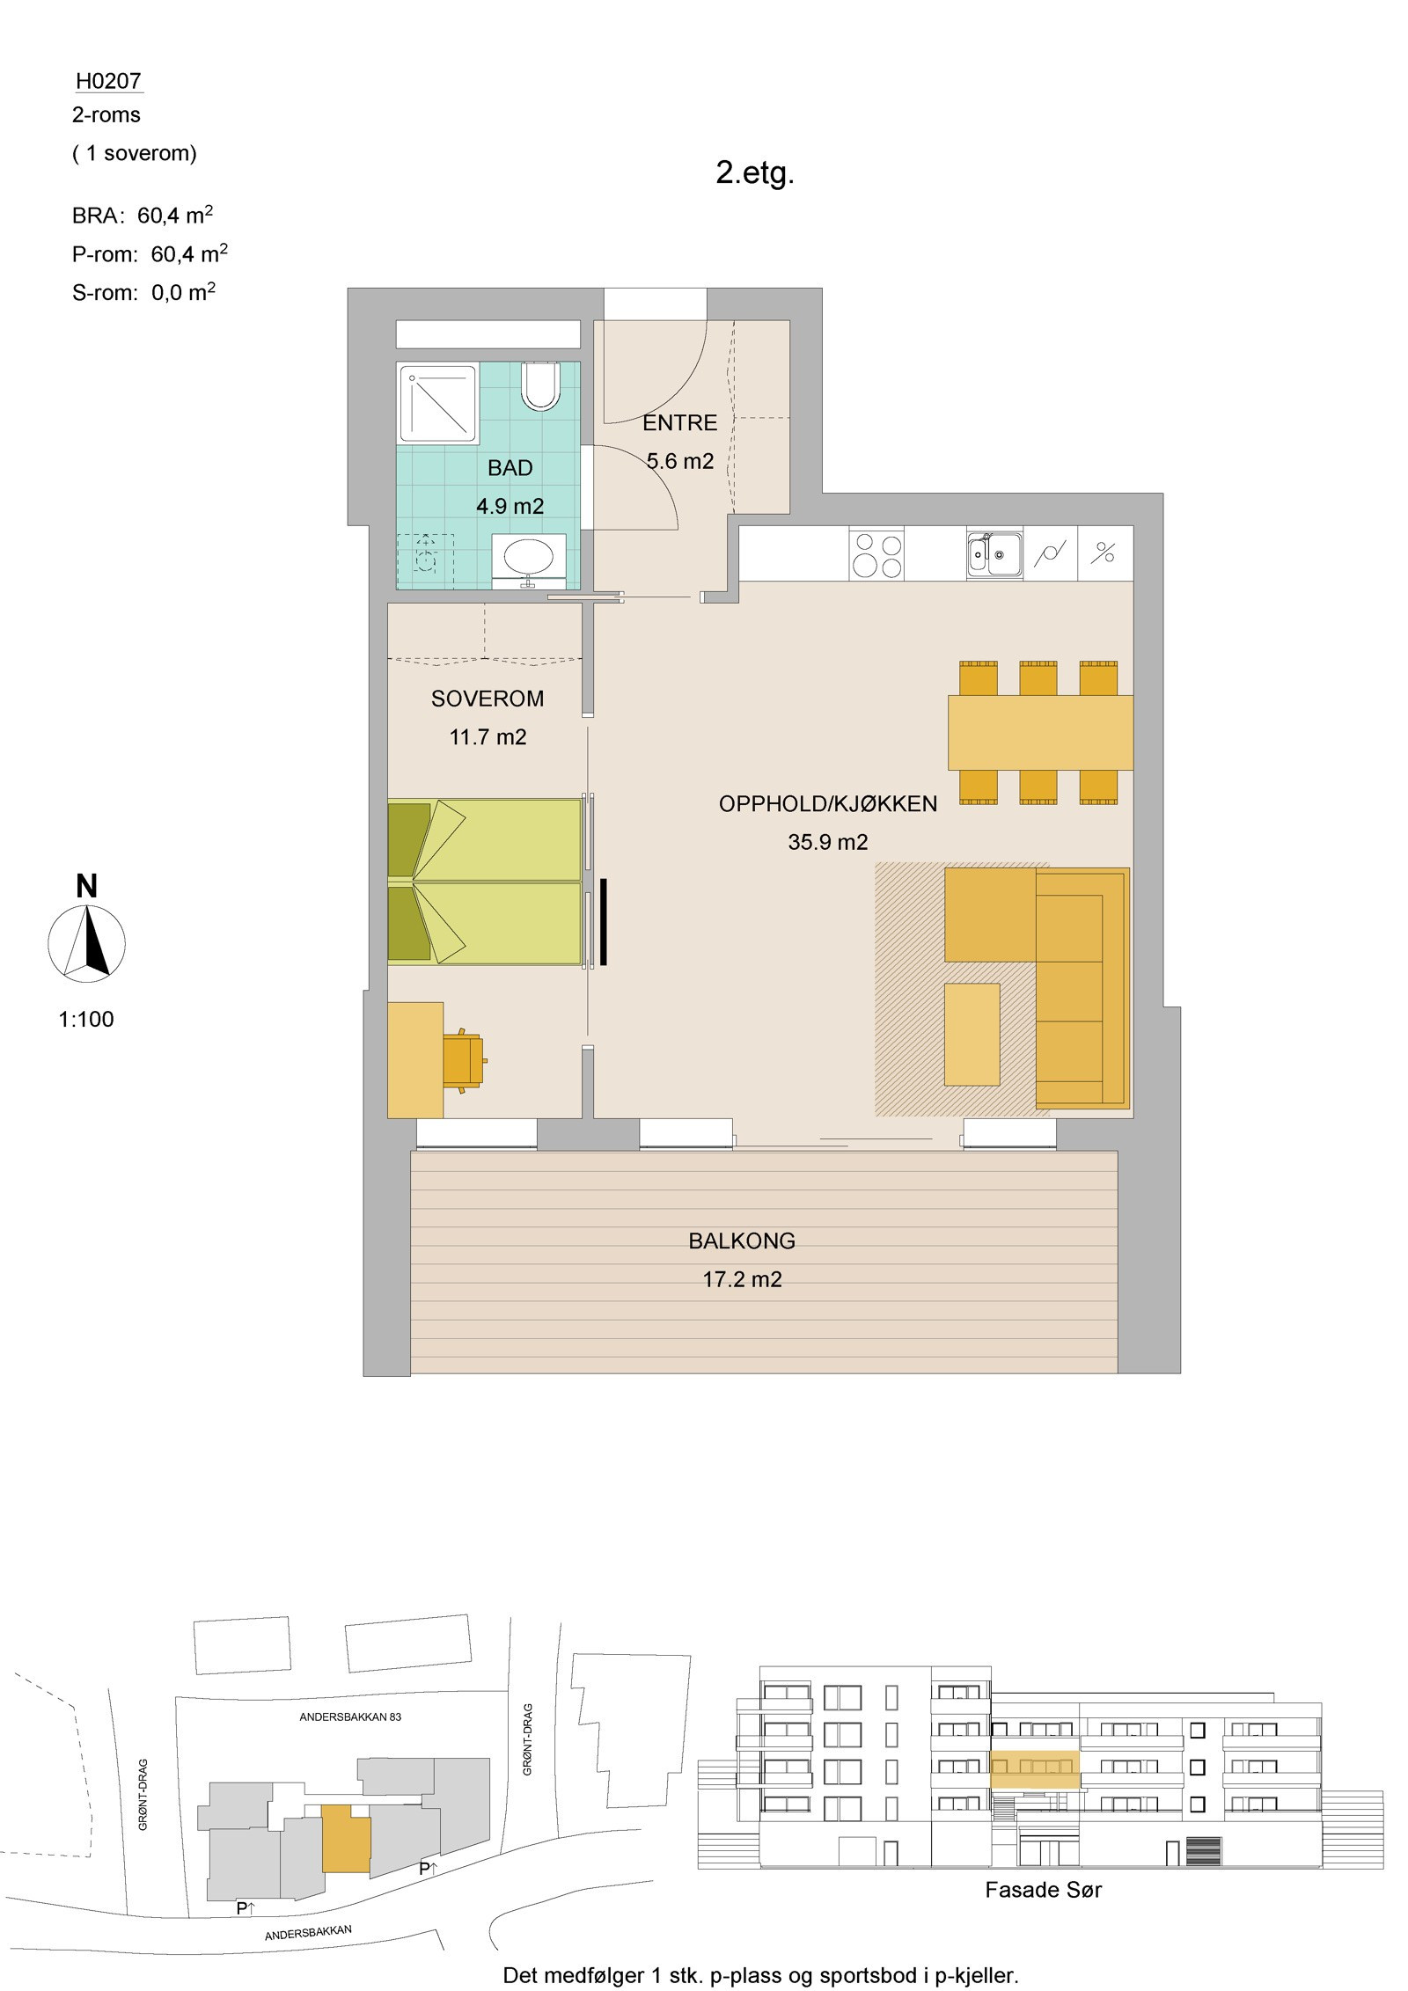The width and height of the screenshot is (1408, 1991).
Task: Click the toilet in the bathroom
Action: [x=540, y=386]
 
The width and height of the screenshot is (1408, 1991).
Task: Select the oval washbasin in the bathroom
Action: [x=529, y=556]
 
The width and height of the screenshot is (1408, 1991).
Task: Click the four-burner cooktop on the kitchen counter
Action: [x=876, y=554]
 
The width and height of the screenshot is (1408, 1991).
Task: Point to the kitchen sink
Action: [x=994, y=554]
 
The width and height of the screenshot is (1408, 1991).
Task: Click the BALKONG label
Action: [x=742, y=1241]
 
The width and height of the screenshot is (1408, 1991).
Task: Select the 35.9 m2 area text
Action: [x=828, y=842]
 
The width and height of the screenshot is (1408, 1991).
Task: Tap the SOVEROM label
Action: [x=488, y=699]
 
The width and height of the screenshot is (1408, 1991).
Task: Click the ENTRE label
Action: [x=680, y=423]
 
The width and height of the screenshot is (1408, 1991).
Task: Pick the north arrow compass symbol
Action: [x=86, y=944]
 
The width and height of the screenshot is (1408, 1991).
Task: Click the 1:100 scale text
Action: [x=86, y=1020]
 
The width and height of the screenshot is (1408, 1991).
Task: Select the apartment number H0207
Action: [x=108, y=81]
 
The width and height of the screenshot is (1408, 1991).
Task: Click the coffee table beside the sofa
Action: [x=972, y=1035]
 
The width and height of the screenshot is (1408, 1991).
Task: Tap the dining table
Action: [x=1040, y=733]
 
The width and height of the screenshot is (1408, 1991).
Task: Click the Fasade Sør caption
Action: [x=1044, y=1889]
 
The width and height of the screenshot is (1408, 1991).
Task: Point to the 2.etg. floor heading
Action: [x=755, y=173]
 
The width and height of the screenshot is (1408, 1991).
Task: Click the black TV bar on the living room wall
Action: [x=605, y=921]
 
